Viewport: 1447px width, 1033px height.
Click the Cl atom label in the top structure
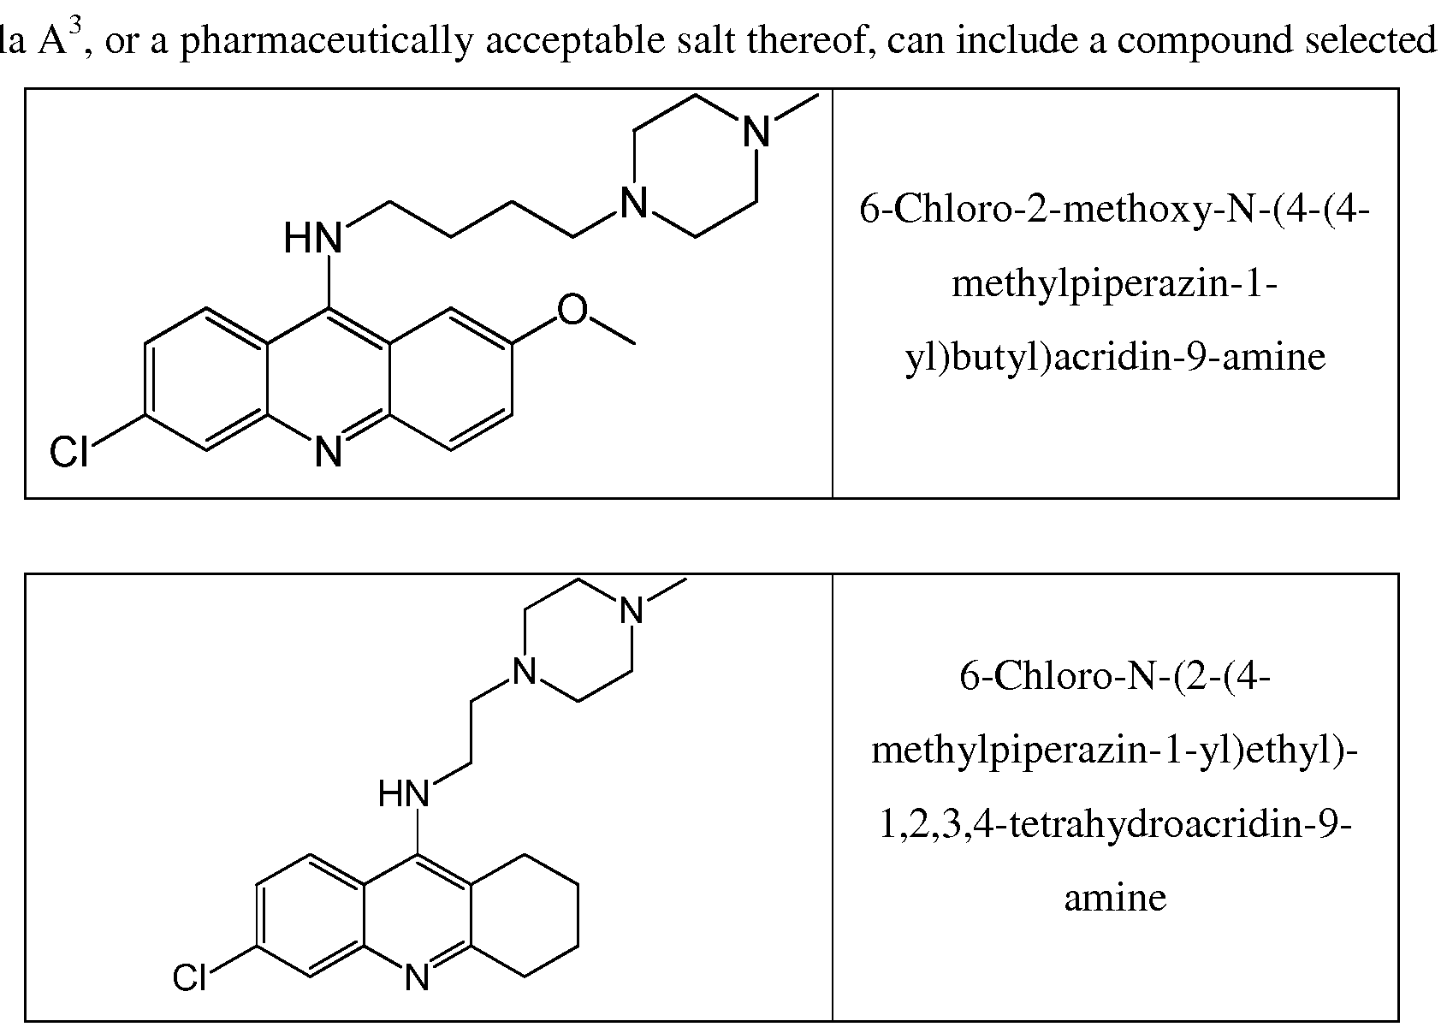coord(69,452)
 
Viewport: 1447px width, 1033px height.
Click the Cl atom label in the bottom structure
coord(190,977)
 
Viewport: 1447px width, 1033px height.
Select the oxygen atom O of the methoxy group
coord(572,311)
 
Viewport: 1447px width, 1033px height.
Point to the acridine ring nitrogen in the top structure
coord(329,452)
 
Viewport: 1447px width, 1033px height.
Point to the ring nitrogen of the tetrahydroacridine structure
coord(417,977)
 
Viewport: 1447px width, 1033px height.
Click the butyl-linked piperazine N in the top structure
coord(633,204)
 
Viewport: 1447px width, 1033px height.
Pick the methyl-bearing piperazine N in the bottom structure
coord(632,611)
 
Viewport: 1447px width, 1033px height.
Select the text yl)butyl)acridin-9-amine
coord(1114,356)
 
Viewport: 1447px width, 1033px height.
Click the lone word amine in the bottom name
coord(1114,898)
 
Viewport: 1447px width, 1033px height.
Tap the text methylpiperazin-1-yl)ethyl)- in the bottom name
coord(1114,751)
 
